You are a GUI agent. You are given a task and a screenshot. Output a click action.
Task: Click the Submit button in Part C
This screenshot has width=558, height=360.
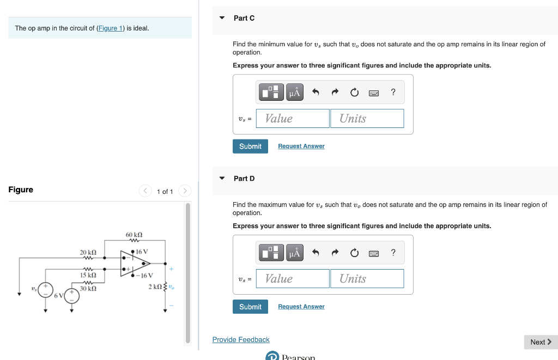pos(250,147)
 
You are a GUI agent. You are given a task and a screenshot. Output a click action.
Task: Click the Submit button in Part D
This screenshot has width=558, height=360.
pos(250,307)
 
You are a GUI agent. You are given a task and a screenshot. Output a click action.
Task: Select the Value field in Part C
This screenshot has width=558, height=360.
pos(293,118)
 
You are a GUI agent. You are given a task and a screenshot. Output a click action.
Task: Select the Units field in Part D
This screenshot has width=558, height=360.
pos(367,279)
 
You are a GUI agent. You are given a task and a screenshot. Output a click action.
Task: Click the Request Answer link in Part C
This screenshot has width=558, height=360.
pos(301,147)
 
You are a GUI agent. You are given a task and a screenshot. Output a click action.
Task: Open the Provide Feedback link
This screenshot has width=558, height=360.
pos(241,340)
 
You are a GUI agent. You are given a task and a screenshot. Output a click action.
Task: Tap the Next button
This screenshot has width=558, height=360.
pos(541,342)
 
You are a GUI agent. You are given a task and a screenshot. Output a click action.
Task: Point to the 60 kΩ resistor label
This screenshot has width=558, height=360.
pos(134,234)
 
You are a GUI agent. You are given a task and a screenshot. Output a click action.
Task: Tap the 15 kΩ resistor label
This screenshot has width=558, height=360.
pos(88,275)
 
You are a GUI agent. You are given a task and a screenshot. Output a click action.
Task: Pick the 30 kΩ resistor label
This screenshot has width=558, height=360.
pos(88,288)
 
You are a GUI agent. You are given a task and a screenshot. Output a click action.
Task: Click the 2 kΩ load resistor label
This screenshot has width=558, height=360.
pos(155,286)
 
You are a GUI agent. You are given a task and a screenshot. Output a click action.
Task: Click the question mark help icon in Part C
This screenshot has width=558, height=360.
pos(393,92)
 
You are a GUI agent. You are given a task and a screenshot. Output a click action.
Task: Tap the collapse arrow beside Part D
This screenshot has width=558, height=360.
pos(222,178)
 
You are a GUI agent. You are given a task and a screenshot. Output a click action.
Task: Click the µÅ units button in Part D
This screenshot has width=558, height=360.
pos(294,253)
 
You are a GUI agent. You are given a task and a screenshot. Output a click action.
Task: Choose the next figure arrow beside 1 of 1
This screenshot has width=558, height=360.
pos(185,191)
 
